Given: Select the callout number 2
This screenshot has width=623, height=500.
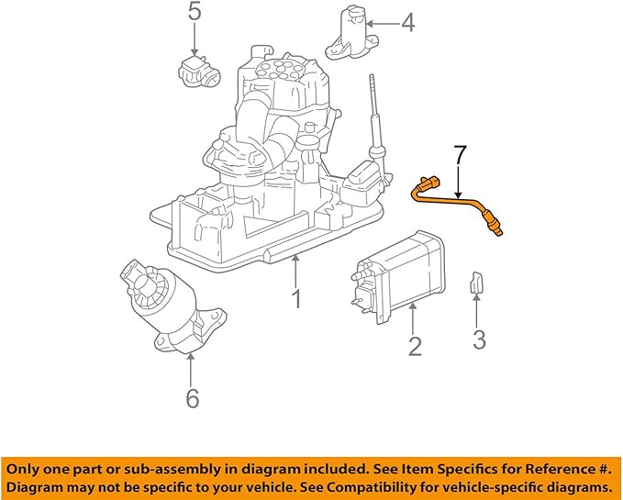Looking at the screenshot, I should click(415, 346).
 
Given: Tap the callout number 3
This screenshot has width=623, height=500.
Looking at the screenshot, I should click(479, 340).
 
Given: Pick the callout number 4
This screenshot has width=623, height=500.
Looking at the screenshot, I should click(407, 22).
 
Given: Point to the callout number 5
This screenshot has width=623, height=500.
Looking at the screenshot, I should click(195, 12).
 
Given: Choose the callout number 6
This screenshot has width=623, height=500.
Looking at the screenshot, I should click(192, 398).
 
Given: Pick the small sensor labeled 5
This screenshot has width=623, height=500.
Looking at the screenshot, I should click(195, 70).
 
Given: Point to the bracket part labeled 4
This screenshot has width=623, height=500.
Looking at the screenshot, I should click(352, 34).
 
